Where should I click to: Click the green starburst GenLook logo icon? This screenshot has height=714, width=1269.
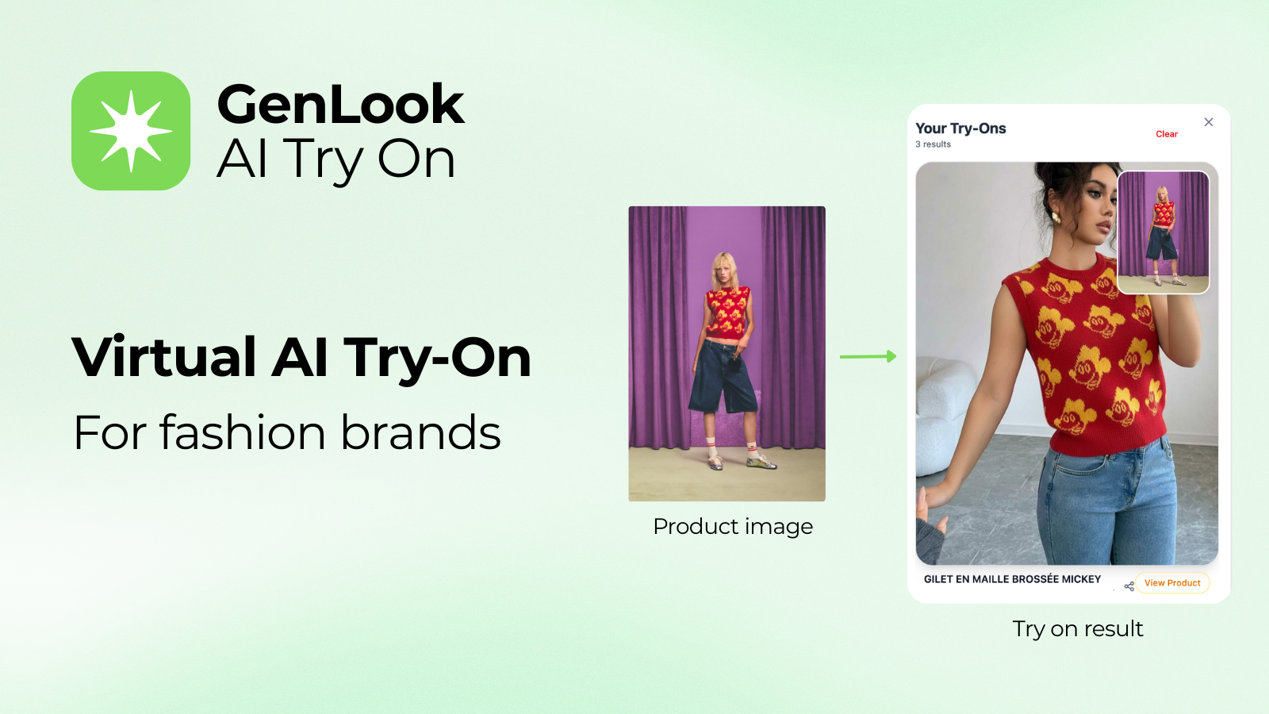pos(131,131)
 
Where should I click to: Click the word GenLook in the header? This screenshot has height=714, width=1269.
pos(340,104)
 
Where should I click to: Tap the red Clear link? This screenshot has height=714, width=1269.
pos(1167,134)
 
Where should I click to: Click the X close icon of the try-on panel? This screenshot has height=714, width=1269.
pos(1209,122)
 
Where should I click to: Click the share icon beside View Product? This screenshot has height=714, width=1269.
pos(1129,586)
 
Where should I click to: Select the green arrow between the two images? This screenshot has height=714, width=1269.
pos(868,356)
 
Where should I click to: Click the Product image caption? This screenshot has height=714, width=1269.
pos(733,527)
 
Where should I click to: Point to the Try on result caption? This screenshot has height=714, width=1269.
pos(1078,629)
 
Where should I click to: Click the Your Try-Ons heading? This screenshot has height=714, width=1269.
pos(960,129)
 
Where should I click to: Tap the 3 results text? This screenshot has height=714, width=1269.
pos(933,144)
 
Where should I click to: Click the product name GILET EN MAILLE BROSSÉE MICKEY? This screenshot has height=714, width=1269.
pos(1012,579)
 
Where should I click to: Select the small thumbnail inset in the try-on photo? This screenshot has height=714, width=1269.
pos(1163,232)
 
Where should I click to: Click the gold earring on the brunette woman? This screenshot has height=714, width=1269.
pos(1056,217)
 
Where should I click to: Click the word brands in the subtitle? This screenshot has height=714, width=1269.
pos(420,432)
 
